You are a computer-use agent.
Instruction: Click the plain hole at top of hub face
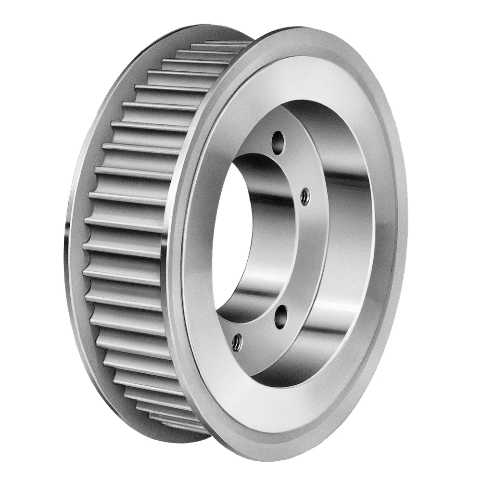[277, 140]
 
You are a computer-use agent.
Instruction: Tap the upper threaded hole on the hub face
[305, 195]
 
